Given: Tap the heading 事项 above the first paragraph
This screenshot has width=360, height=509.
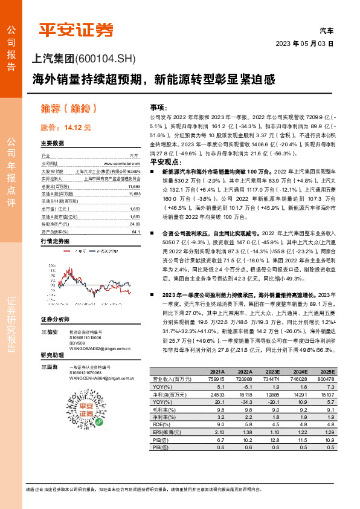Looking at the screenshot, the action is (x=158, y=106).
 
